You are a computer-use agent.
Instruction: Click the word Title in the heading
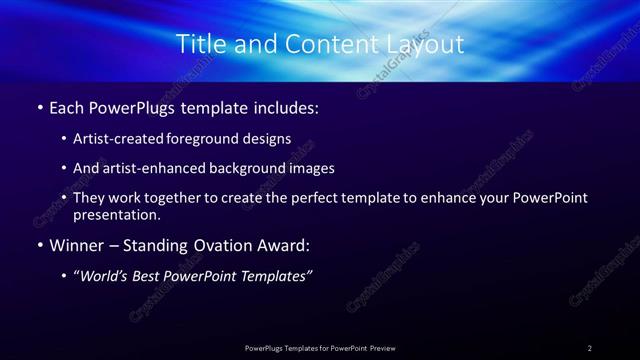pyautogui.click(x=199, y=44)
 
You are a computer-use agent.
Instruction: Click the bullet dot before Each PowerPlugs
pyautogui.click(x=38, y=106)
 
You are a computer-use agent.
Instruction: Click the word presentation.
pyautogui.click(x=116, y=214)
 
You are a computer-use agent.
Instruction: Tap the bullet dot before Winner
pyautogui.click(x=38, y=245)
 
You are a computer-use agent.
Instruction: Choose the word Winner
pyautogui.click(x=77, y=245)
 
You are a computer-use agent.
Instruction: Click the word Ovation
pyautogui.click(x=230, y=245)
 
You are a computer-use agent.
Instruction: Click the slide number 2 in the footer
pyautogui.click(x=590, y=348)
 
